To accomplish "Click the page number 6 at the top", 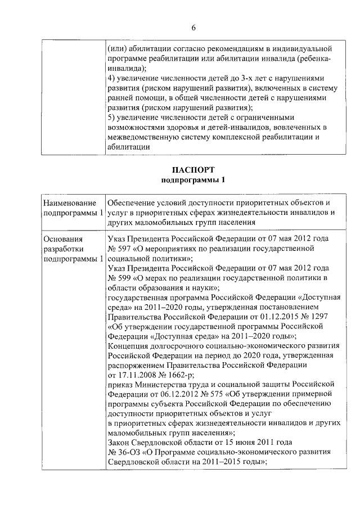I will click(193, 28).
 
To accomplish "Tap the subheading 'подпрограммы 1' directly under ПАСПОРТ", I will click(193, 180).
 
